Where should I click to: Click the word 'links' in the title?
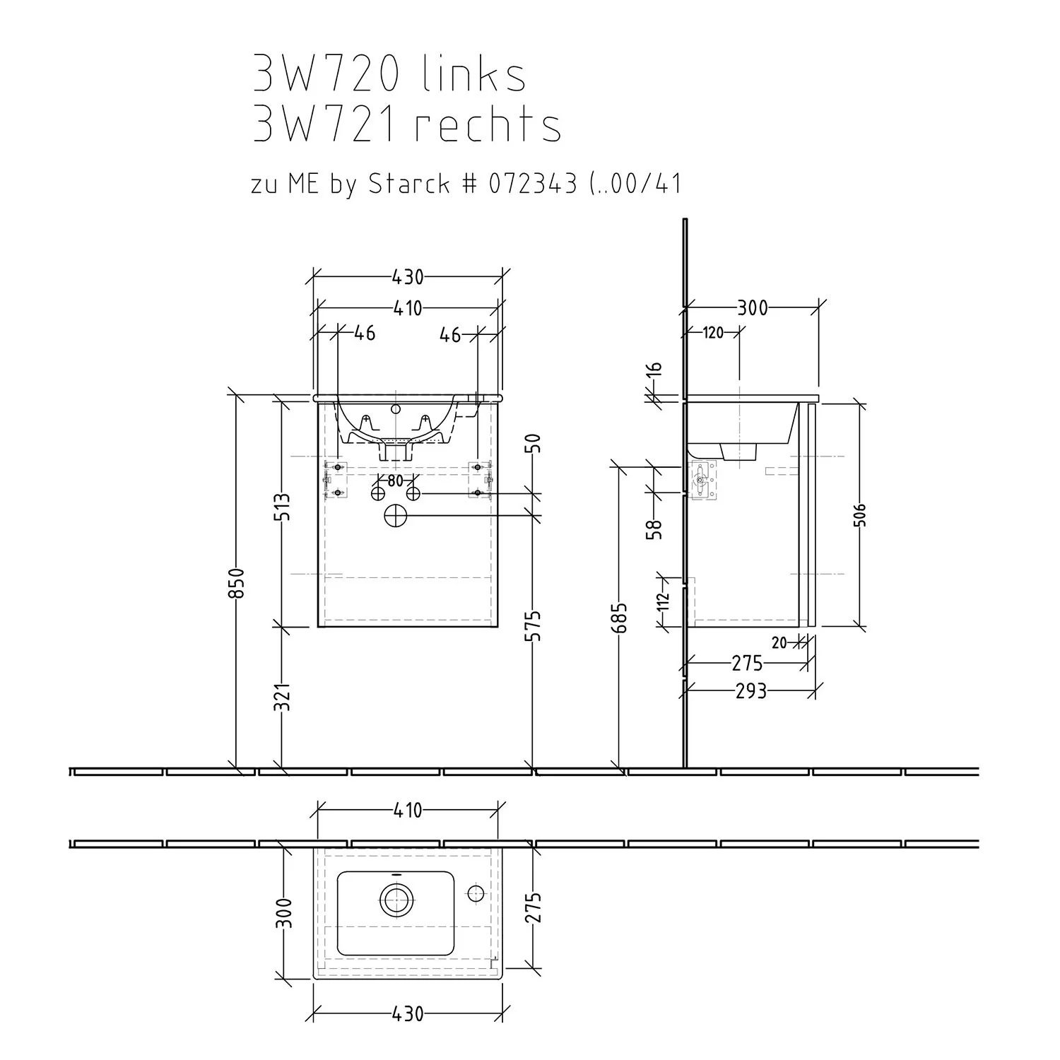pyautogui.click(x=474, y=75)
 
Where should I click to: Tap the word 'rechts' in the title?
pyautogui.click(x=488, y=125)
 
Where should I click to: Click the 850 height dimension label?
pyautogui.click(x=239, y=583)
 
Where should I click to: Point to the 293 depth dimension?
pyautogui.click(x=750, y=690)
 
